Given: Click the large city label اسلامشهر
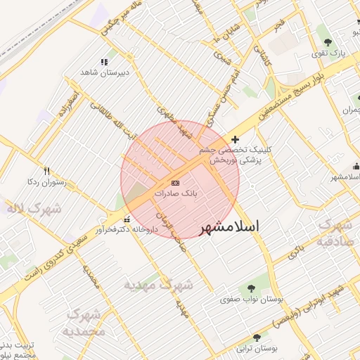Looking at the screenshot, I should point(230,227).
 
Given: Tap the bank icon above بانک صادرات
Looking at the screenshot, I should point(175,183).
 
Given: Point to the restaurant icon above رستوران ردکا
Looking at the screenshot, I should point(46,171).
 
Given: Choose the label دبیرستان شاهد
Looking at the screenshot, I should point(105,72).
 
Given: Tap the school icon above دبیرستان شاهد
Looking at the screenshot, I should point(105,62).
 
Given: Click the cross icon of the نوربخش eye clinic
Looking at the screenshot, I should point(235,139).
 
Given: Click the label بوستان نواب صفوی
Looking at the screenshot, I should point(251,300).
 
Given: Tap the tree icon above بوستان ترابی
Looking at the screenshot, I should point(257,337).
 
